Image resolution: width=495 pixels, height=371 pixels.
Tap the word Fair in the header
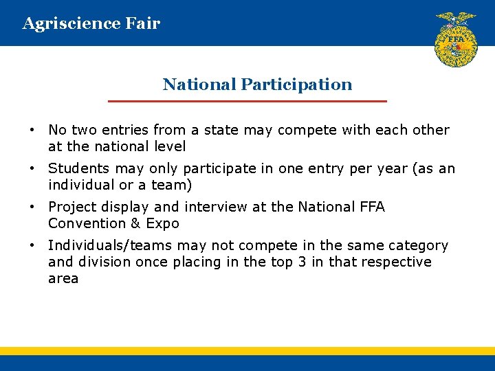click(x=143, y=23)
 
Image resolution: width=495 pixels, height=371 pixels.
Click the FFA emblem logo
click(x=455, y=39)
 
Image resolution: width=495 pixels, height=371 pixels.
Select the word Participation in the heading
click(x=296, y=85)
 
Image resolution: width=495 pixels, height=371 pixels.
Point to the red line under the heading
click(x=247, y=101)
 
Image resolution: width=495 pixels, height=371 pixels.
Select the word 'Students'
click(x=79, y=168)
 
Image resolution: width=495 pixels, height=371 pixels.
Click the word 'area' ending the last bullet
click(x=63, y=279)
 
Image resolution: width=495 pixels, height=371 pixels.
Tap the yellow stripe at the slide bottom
click(x=247, y=350)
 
